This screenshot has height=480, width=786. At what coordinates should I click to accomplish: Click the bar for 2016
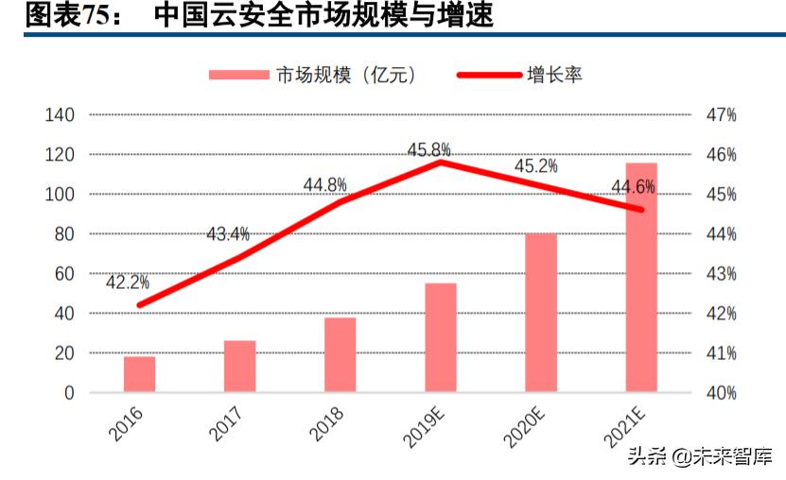[139, 374]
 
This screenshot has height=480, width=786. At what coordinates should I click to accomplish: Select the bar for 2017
[239, 367]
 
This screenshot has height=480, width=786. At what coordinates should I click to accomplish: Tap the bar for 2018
[340, 355]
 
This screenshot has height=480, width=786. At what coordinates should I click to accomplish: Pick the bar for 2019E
[440, 337]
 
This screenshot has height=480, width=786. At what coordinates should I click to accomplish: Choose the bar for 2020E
[541, 313]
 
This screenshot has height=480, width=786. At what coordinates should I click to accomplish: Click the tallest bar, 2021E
[641, 278]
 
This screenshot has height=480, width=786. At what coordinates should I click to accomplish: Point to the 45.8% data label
[428, 149]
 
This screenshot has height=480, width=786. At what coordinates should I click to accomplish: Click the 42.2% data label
[127, 282]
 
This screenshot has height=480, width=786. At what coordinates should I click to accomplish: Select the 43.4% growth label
[227, 233]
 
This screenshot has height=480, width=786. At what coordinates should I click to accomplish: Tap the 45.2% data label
[535, 166]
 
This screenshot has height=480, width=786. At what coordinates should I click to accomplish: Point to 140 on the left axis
[59, 115]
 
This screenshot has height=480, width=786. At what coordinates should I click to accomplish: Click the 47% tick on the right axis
[721, 115]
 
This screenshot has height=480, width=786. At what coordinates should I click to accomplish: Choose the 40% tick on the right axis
[721, 393]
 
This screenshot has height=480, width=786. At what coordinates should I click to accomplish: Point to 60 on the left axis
[61, 274]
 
